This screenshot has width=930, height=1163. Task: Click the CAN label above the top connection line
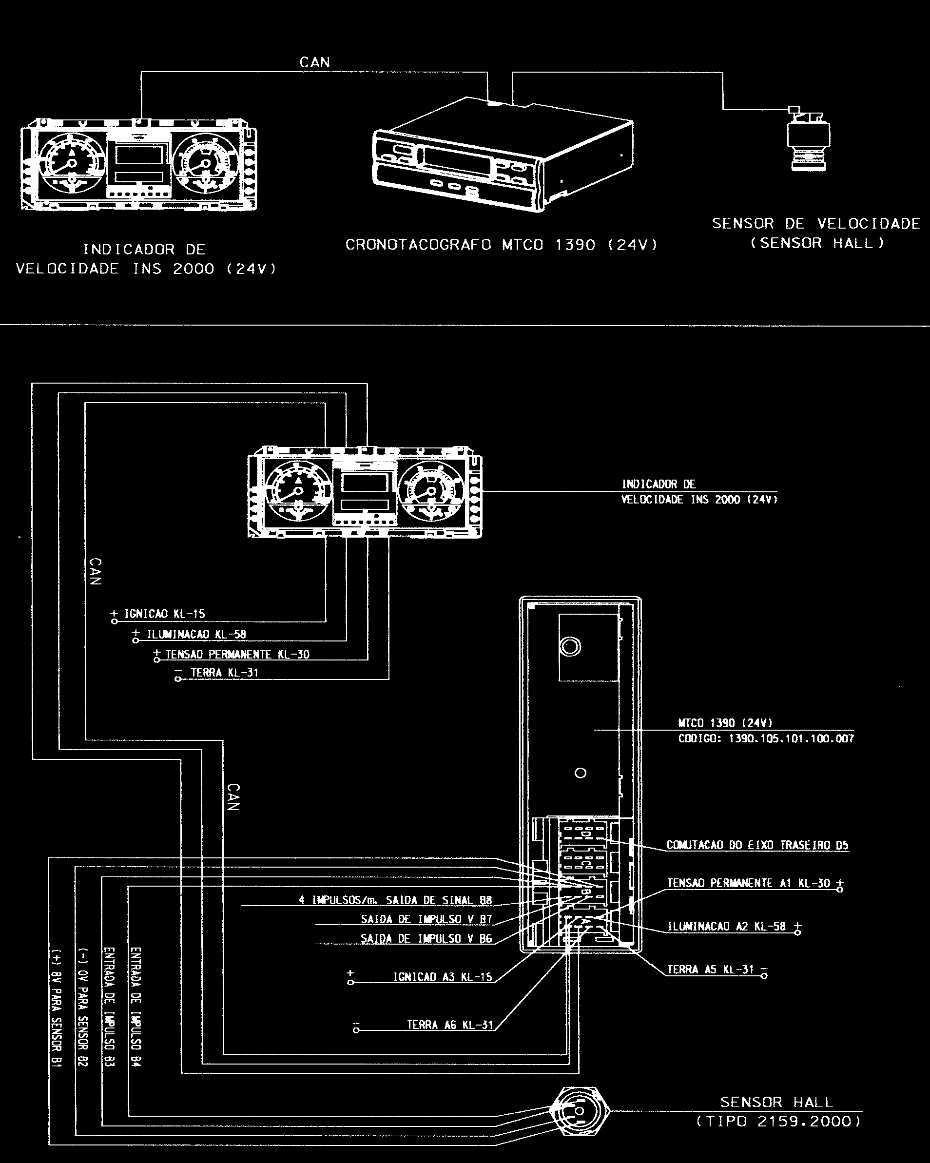(314, 62)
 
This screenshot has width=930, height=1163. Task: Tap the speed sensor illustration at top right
(808, 138)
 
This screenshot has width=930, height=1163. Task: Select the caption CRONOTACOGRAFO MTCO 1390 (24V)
(502, 245)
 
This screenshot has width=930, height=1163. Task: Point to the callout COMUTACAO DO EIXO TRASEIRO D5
(757, 845)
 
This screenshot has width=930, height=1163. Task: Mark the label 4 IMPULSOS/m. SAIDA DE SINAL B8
(395, 900)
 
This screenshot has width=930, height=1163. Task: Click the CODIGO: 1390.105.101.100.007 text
(766, 738)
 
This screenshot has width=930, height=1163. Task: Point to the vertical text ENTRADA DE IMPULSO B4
(136, 1007)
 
